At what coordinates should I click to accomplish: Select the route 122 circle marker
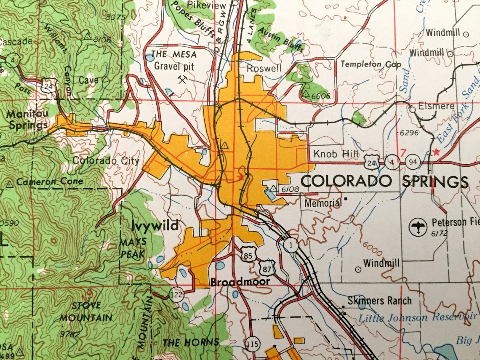click(x=177, y=294)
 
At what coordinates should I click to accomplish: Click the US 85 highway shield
click(x=248, y=254)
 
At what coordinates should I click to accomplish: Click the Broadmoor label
click(x=240, y=282)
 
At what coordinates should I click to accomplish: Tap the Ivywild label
click(x=155, y=226)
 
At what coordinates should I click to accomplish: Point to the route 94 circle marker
click(x=412, y=161)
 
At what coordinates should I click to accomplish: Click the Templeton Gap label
click(x=371, y=64)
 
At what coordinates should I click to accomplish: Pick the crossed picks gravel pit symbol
click(x=183, y=79)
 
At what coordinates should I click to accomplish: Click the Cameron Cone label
click(x=50, y=181)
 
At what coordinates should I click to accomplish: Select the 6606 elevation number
click(x=322, y=96)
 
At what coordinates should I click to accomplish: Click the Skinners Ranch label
click(x=379, y=301)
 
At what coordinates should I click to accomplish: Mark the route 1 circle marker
click(x=290, y=244)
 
